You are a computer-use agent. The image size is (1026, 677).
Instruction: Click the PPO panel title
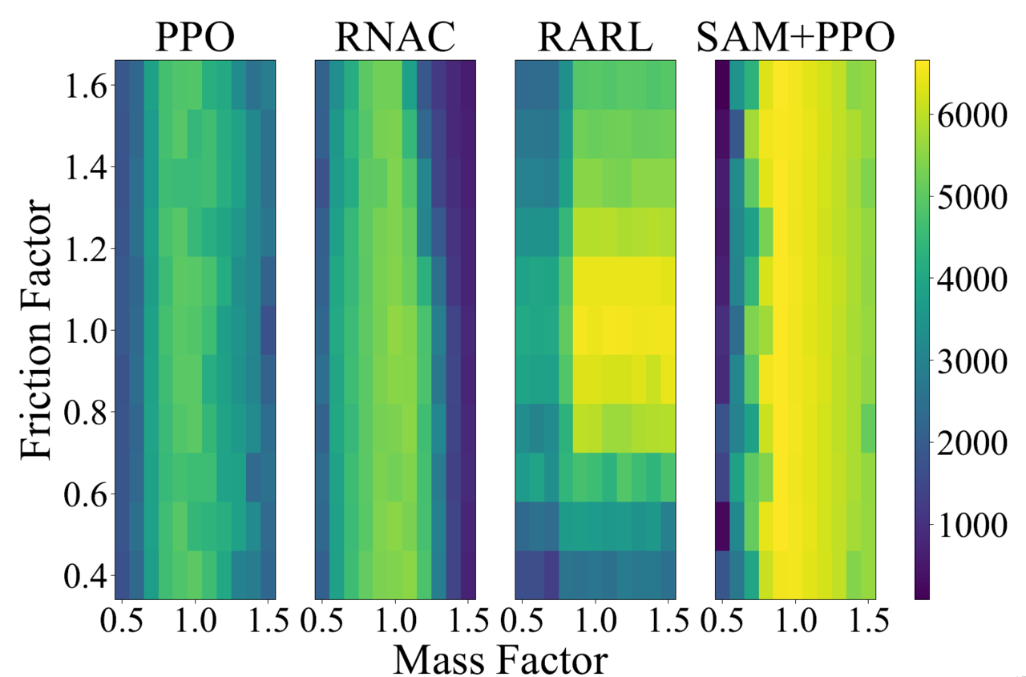[x=195, y=37]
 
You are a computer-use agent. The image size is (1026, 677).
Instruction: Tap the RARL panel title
[x=594, y=37]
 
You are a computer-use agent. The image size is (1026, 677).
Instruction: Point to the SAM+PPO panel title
[x=794, y=37]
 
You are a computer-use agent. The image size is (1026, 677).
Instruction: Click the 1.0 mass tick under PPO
[x=195, y=620]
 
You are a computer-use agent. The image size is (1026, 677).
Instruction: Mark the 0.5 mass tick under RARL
[x=523, y=620]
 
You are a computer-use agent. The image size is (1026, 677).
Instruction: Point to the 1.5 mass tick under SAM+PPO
[x=866, y=620]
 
